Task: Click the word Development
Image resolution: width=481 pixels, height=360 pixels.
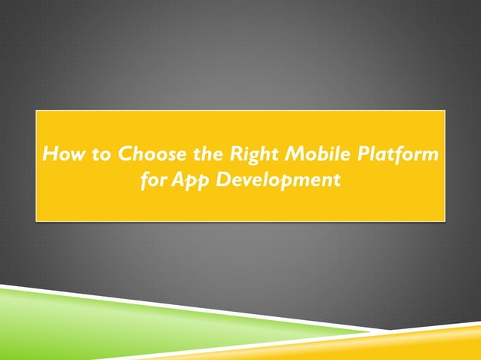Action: pyautogui.click(x=277, y=182)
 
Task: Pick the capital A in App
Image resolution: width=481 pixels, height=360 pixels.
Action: pyautogui.click(x=177, y=181)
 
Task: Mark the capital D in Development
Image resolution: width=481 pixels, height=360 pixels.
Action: pyautogui.click(x=222, y=181)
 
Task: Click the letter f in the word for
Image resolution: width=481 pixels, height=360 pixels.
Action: pyautogui.click(x=146, y=181)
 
